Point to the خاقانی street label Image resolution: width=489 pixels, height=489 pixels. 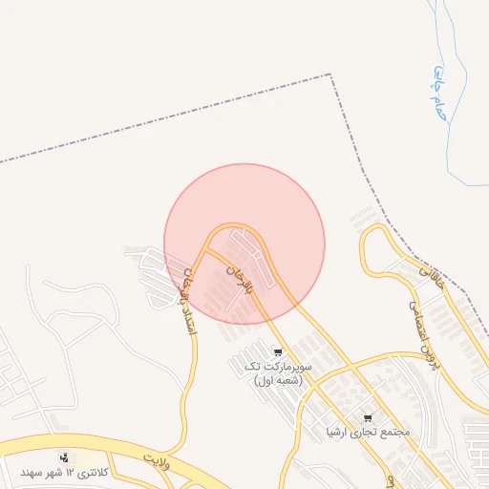(433, 278)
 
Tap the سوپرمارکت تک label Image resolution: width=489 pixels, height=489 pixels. (278, 366)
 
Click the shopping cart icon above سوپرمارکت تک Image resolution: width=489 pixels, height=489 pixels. (277, 351)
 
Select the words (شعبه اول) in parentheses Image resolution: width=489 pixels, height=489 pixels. (277, 380)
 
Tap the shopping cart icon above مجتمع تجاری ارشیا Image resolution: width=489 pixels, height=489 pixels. (369, 418)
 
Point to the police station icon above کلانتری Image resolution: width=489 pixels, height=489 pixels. (64, 457)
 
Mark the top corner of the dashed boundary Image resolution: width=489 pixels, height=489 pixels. (331, 74)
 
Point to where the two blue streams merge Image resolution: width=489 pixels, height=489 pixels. (448, 143)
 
